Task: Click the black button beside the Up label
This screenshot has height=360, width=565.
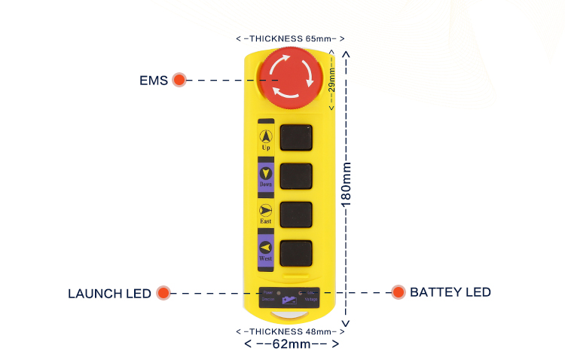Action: click(296, 139)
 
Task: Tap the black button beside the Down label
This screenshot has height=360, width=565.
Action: click(296, 176)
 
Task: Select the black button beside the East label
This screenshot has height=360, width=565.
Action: click(296, 215)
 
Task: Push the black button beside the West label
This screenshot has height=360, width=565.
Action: click(296, 252)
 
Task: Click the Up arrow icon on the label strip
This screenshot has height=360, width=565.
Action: click(265, 136)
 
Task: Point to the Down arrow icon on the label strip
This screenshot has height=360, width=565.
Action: click(265, 173)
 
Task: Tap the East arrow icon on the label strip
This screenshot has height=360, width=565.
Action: click(265, 210)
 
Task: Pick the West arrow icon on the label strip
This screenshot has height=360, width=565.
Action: click(265, 247)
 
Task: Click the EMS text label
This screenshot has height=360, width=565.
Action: click(153, 80)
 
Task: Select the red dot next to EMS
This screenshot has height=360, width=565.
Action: click(179, 80)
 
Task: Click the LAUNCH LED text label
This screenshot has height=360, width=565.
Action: click(109, 293)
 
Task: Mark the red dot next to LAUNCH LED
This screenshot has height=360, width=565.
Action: click(163, 293)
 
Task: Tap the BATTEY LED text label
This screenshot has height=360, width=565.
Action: click(450, 292)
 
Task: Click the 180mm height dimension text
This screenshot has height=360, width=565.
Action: click(347, 185)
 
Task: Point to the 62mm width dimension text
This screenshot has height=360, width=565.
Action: click(292, 343)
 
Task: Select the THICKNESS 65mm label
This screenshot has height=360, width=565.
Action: click(290, 38)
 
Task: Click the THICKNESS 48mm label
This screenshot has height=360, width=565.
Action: click(290, 331)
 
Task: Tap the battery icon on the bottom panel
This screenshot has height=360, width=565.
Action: click(290, 300)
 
